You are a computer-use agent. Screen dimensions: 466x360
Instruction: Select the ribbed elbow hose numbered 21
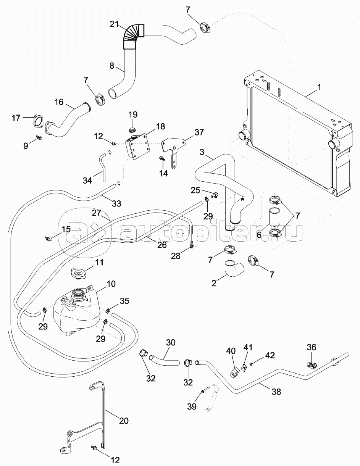(x=133, y=36)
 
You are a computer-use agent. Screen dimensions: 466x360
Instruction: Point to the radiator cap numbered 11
(x=79, y=274)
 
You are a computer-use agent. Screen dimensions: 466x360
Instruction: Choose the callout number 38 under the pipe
(x=276, y=392)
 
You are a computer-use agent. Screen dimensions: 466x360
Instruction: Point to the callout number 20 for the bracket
(x=123, y=421)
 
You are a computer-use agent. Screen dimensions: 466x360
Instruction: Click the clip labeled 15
(x=48, y=239)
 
